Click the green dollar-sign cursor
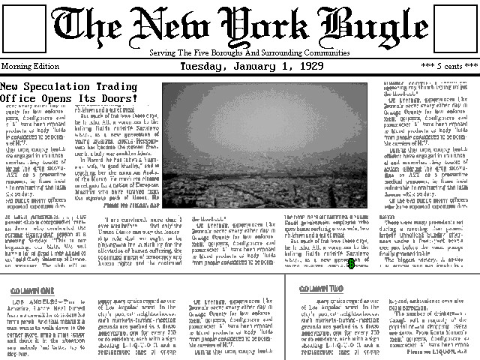pos(350,263)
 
